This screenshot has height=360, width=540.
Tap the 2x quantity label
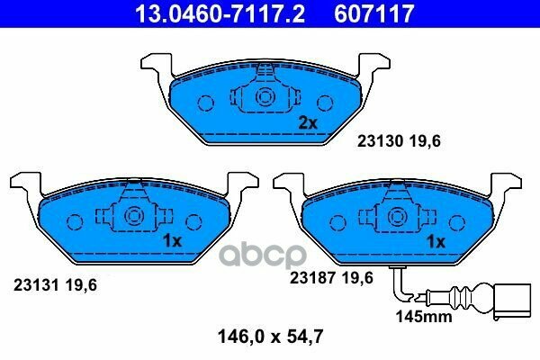coord(308,123)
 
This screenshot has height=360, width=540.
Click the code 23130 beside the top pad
coord(379,140)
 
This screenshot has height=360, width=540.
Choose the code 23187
coord(310,279)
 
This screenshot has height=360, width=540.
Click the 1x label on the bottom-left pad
coord(172,241)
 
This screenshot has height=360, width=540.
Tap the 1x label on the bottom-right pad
coord(436,241)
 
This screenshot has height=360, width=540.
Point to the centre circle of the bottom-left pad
coord(135,217)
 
